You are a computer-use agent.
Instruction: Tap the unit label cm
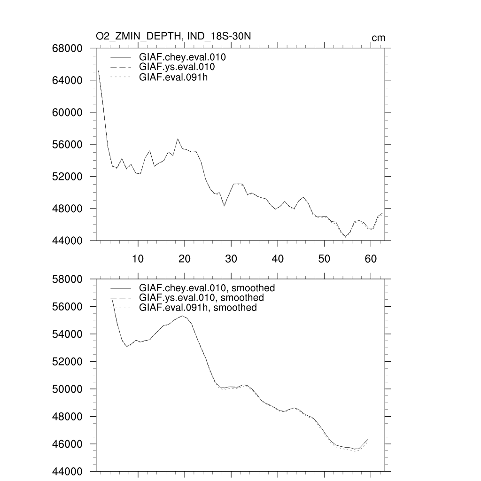point(378,38)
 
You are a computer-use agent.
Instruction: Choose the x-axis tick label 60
point(371,257)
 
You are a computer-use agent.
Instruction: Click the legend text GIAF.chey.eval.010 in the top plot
point(182,57)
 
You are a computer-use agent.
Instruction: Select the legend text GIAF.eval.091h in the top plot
point(173,77)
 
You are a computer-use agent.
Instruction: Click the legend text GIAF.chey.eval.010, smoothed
point(207,288)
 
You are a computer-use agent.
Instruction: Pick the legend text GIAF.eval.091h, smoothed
point(198,308)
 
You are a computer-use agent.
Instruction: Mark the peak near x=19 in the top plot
point(178,139)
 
